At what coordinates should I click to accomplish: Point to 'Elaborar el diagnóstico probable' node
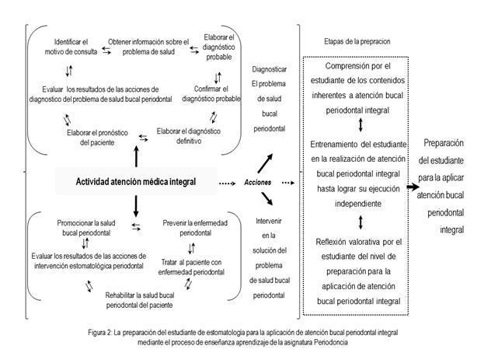(218, 47)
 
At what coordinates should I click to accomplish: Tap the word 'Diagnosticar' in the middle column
(266, 68)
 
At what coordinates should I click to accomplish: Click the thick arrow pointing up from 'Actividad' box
(137, 156)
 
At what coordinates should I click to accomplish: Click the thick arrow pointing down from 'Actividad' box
(137, 205)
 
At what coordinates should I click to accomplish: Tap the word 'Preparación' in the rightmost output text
(449, 144)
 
